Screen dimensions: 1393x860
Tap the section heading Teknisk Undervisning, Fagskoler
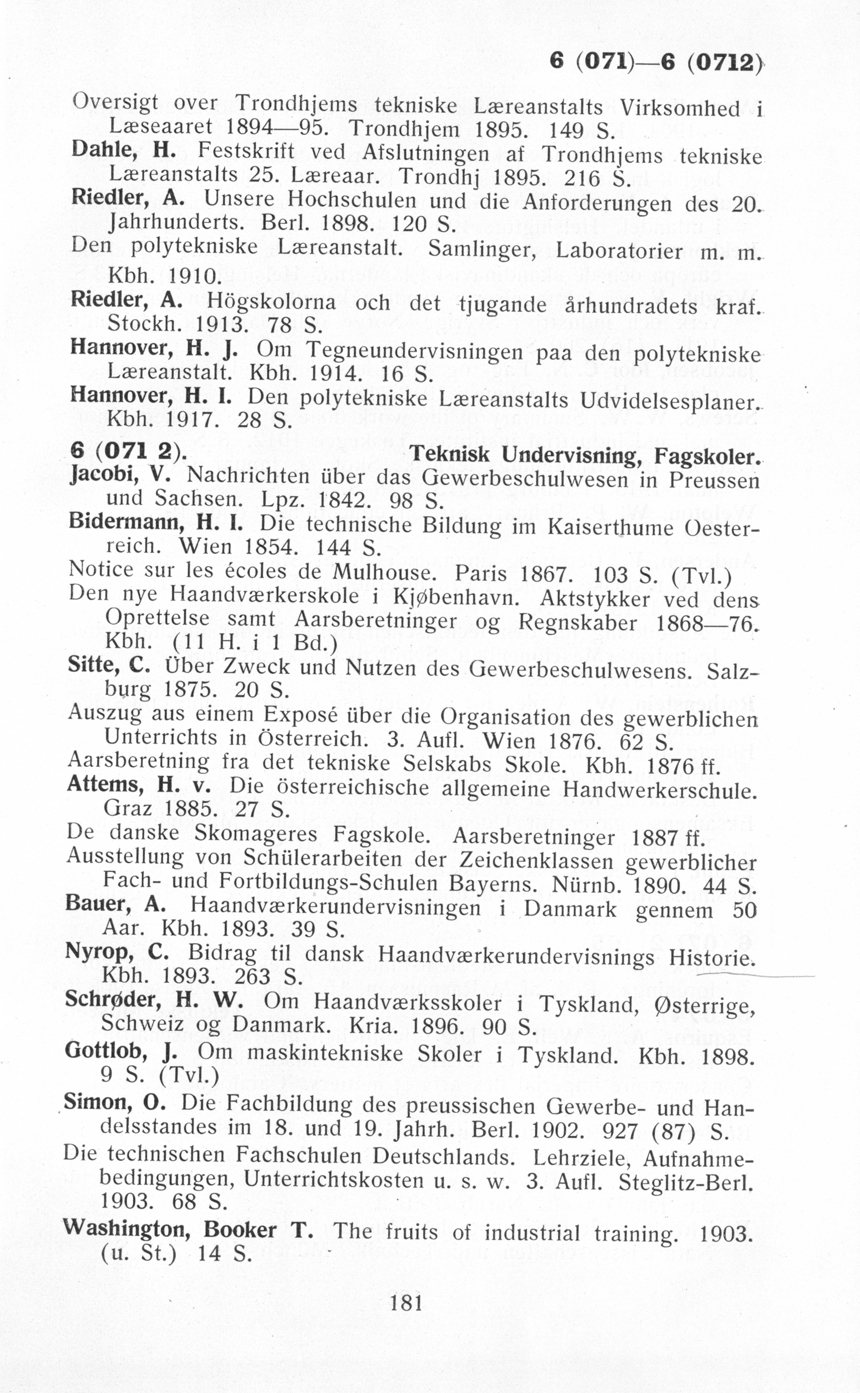coord(585,455)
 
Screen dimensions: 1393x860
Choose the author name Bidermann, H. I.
coord(155,522)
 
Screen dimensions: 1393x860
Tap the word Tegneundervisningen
coord(414,351)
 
